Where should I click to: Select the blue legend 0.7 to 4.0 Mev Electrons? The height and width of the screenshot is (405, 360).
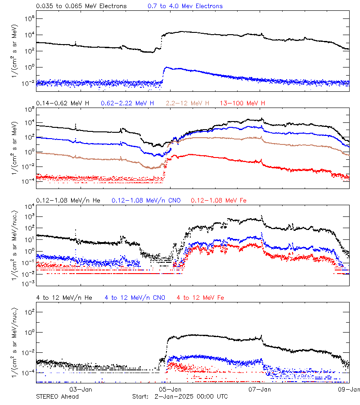pos(185,6)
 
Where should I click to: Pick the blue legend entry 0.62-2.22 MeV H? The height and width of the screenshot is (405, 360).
pos(127,103)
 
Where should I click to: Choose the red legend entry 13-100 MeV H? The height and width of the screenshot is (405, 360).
pos(243,103)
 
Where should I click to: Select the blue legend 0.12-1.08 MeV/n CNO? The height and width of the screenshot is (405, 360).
pos(146,200)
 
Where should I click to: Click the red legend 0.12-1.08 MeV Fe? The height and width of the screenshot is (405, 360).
pos(218,200)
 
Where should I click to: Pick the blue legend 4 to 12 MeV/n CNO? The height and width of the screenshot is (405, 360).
pos(135,297)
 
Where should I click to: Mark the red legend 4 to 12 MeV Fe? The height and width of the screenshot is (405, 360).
pos(200,297)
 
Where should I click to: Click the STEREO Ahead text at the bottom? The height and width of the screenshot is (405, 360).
pos(57,396)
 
